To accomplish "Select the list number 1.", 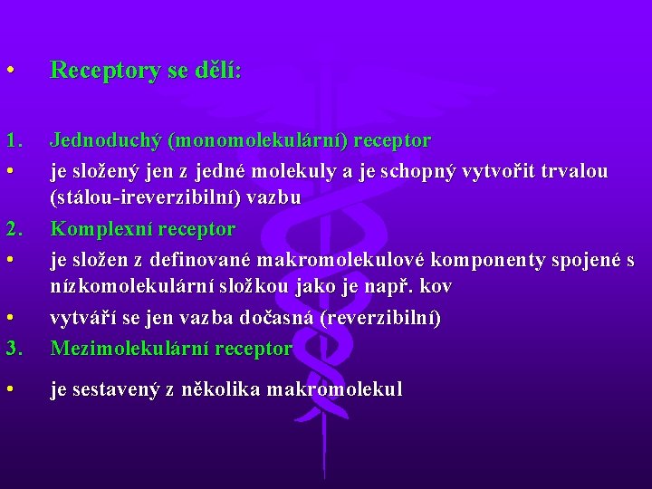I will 14,141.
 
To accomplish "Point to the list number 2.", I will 14,229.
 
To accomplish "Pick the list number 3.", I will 14,348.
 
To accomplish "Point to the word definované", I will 202,260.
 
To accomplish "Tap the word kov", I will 435,286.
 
